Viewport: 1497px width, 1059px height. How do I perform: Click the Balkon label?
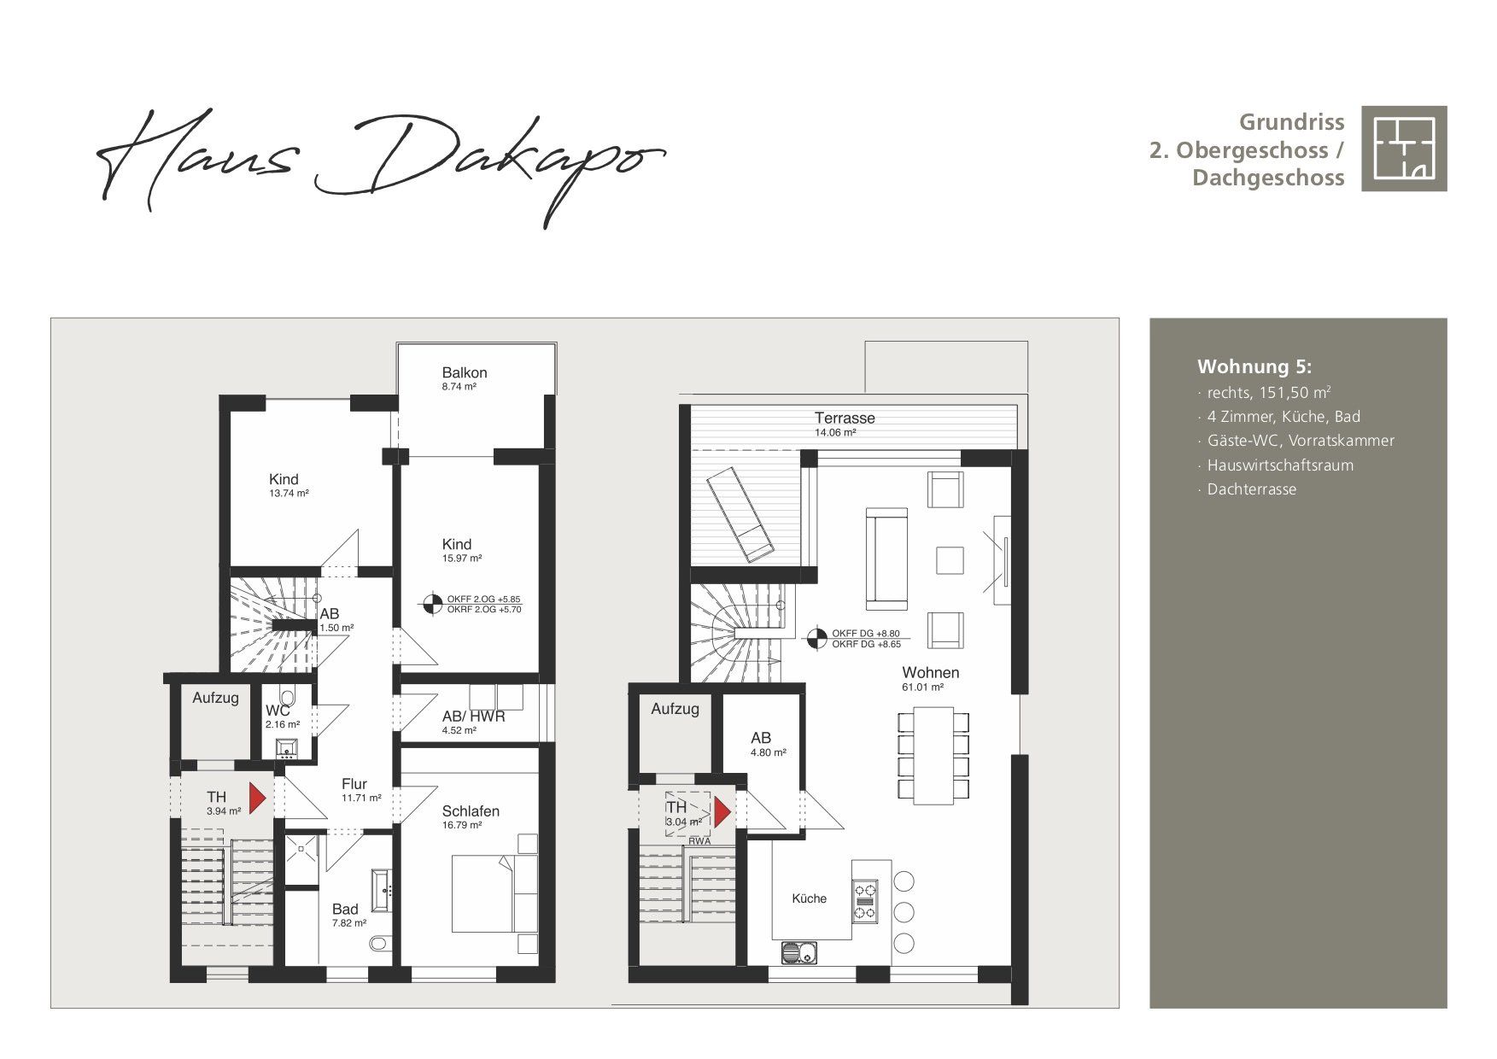coord(465,372)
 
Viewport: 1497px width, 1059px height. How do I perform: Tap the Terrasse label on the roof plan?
coord(845,418)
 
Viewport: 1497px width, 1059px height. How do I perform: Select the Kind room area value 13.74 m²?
coord(289,494)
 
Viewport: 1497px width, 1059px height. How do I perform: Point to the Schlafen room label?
coord(471,811)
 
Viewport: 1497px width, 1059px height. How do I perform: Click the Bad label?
coord(345,910)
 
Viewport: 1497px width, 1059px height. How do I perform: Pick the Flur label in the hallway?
coord(354,784)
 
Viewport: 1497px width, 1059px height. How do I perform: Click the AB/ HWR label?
coord(473,717)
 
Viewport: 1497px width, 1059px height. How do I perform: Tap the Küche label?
coord(809,898)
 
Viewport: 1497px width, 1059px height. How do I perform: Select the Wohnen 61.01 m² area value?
coord(922,687)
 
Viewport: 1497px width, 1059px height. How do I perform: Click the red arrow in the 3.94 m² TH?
coord(257,798)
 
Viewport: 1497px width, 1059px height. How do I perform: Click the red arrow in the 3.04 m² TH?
coord(722,812)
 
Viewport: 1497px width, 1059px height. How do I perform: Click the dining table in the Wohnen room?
coord(933,756)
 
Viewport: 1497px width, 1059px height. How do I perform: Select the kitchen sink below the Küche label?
coord(799,951)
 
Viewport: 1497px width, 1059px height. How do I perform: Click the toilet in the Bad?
coord(379,944)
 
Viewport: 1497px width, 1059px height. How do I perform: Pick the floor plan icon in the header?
coord(1404,149)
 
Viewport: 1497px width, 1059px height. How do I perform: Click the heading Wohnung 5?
coord(1254,367)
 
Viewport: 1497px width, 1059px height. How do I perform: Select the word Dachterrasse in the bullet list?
coord(1252,489)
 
